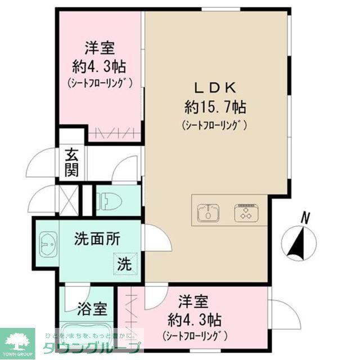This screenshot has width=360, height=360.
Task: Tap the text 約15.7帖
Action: click(215, 106)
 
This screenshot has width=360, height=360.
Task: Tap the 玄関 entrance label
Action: click(71, 161)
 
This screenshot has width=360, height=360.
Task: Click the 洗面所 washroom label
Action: click(97, 239)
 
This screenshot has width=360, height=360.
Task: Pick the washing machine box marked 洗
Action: click(125, 263)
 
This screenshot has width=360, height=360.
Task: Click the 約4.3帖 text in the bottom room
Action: click(194, 321)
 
